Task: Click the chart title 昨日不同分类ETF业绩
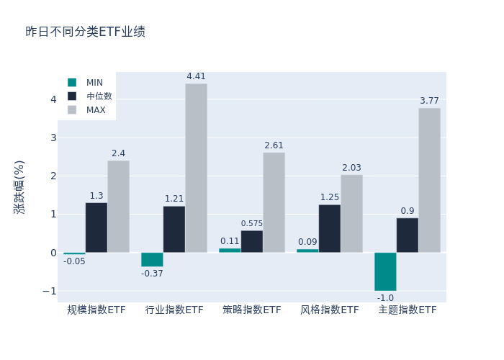tap(85, 32)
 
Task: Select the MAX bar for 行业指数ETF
tap(196, 168)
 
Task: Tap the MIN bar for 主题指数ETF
tap(385, 271)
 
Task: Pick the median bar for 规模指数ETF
tap(96, 228)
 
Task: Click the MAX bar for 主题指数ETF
tap(429, 180)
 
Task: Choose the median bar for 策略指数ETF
tap(252, 241)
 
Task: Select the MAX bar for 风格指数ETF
tap(351, 213)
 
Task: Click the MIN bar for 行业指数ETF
tap(152, 259)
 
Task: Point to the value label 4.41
tap(196, 76)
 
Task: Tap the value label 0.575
tap(252, 224)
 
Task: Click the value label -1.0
tap(385, 298)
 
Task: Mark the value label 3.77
tap(429, 101)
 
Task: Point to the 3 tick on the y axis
tap(53, 138)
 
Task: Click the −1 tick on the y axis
tap(50, 291)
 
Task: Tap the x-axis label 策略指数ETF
tap(252, 310)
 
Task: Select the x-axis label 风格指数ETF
tap(330, 310)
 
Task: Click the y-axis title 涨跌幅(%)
tap(19, 187)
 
